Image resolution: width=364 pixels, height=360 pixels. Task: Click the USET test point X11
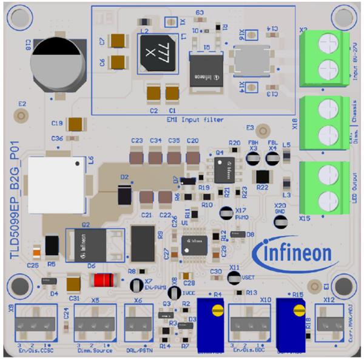(x=234, y=277)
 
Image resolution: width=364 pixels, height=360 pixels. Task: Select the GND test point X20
(x=280, y=221)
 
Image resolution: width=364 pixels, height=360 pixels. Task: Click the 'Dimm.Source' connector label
(x=93, y=350)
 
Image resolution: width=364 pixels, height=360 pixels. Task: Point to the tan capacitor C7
(x=118, y=40)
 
